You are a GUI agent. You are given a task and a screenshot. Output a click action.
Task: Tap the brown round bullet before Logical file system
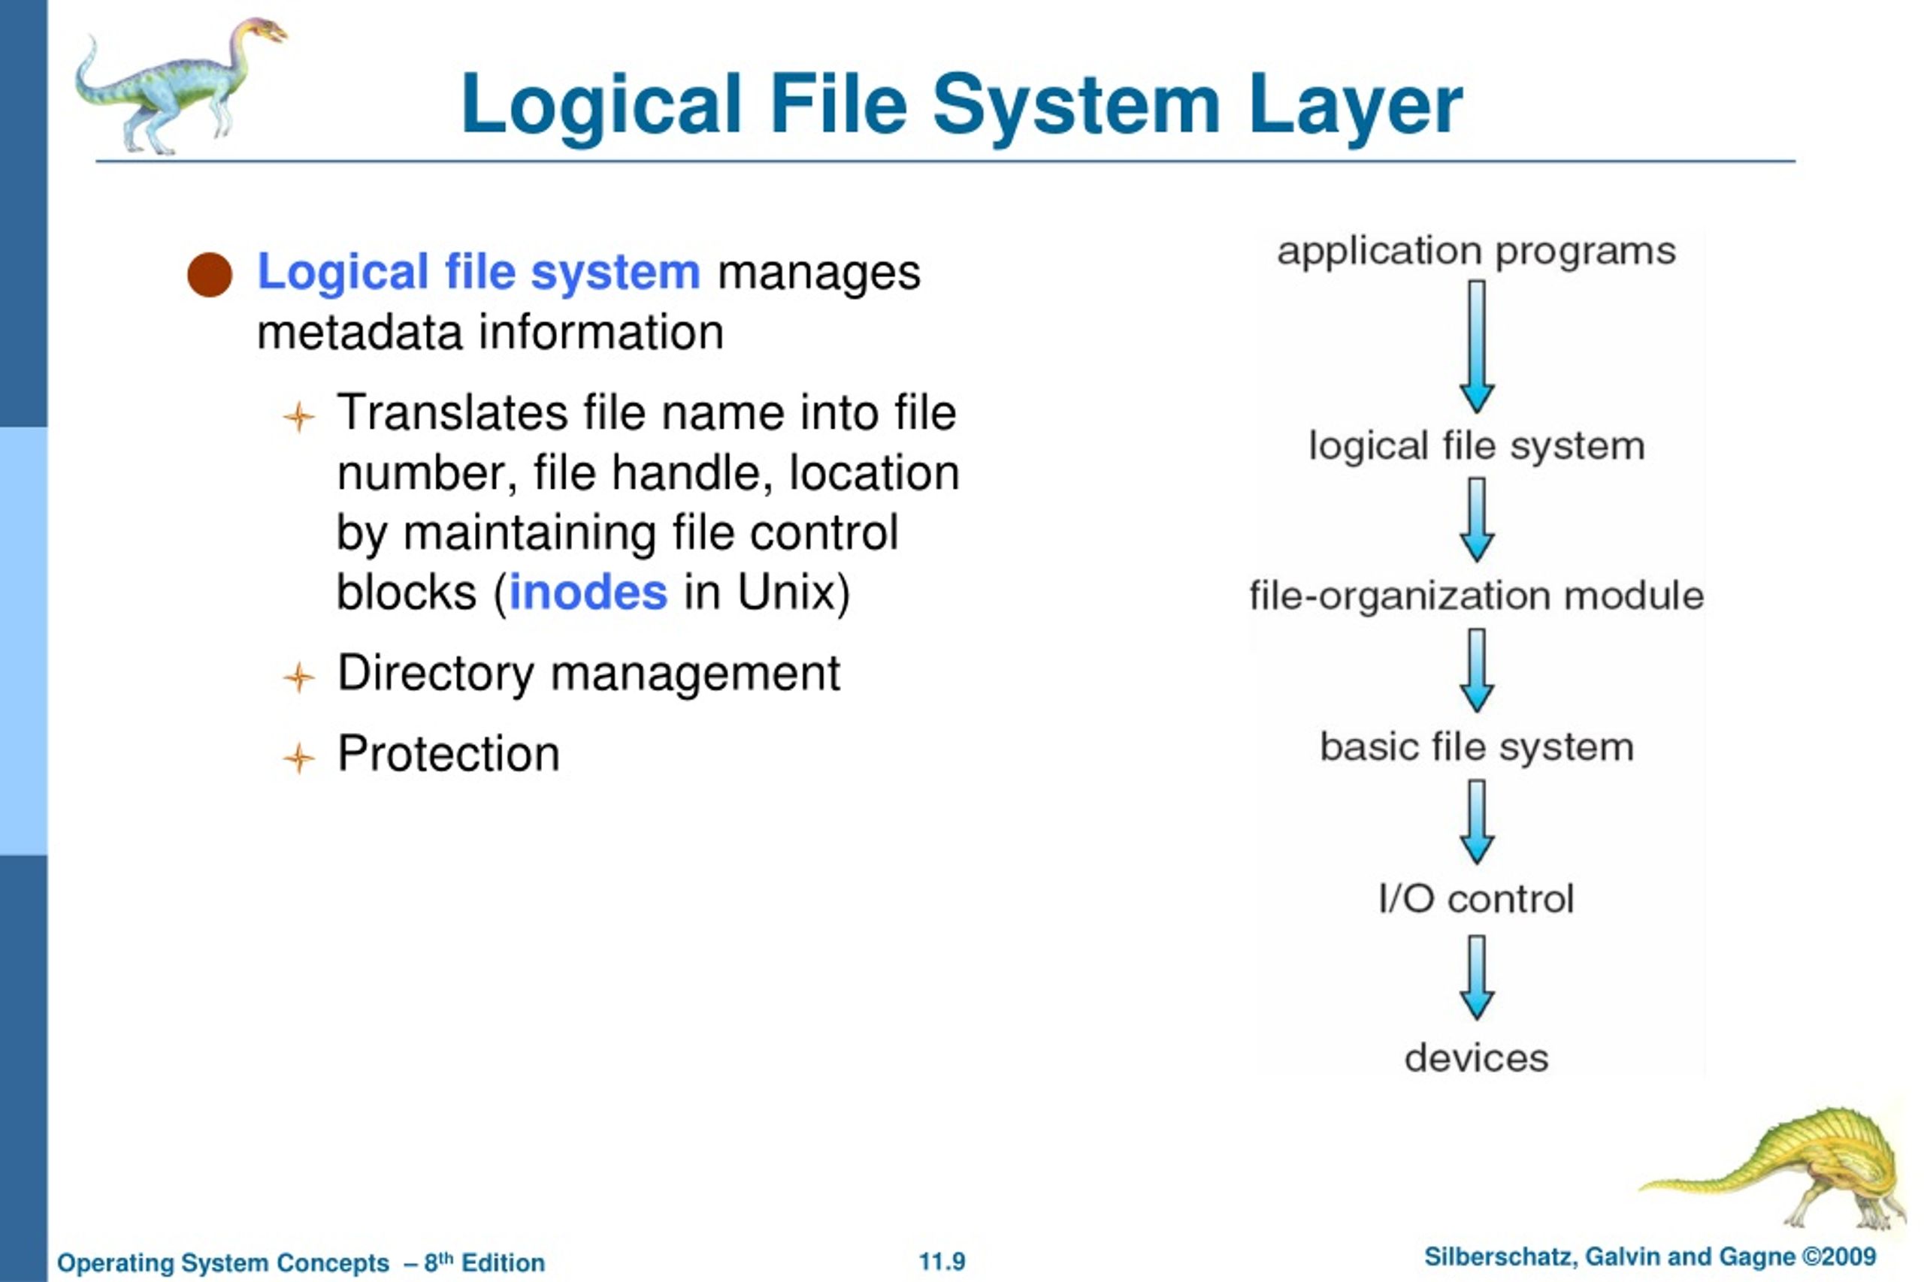[210, 275]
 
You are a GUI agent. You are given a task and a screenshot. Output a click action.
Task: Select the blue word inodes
[588, 593]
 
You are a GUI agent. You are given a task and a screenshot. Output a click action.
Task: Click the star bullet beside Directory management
[299, 677]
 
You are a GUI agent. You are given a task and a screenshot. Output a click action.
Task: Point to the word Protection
[448, 753]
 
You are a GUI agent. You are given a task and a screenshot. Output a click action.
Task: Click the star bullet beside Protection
[299, 758]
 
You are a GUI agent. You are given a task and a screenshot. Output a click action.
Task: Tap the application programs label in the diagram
[1477, 252]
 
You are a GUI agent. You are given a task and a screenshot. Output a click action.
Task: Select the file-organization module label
[1477, 596]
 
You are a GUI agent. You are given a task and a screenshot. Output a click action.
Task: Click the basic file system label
[1477, 747]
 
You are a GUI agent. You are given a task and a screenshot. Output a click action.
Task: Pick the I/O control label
[1477, 898]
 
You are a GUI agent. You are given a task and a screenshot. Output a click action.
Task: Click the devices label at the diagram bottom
[1477, 1058]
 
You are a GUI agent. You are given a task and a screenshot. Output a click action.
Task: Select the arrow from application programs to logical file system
[1478, 347]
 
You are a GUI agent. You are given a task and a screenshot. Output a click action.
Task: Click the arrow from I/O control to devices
[1478, 978]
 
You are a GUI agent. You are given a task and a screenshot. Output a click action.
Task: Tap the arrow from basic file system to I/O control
[1478, 822]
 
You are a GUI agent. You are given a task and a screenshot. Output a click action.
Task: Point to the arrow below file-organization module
[1478, 671]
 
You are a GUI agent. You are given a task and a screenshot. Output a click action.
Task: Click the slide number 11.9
[942, 1262]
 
